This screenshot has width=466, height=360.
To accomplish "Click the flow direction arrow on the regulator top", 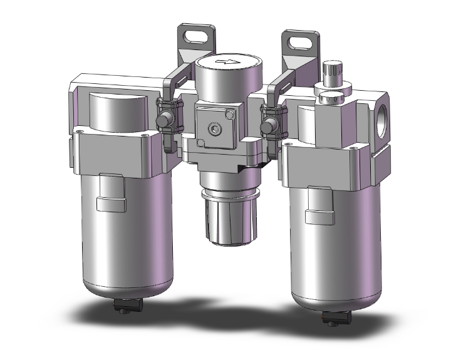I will (225, 62).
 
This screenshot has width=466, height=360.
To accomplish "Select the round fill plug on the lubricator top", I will (330, 98).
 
